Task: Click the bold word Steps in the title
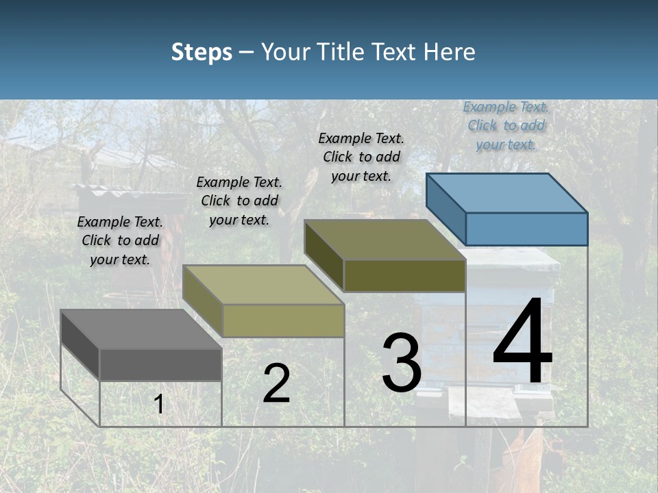pos(201,52)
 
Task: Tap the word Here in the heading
pos(449,52)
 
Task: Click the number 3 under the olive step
pos(402,363)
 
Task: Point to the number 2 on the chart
pos(276,384)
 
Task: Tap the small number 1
pos(159,405)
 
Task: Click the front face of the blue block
pos(526,229)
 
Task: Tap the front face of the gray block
pos(160,364)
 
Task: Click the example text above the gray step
pos(120,240)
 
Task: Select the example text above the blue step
pos(506,125)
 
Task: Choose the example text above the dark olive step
pos(361,157)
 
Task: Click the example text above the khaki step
pos(239,201)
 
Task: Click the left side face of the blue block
pos(446,209)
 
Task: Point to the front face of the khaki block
pos(283,320)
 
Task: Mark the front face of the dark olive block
pos(404,275)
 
